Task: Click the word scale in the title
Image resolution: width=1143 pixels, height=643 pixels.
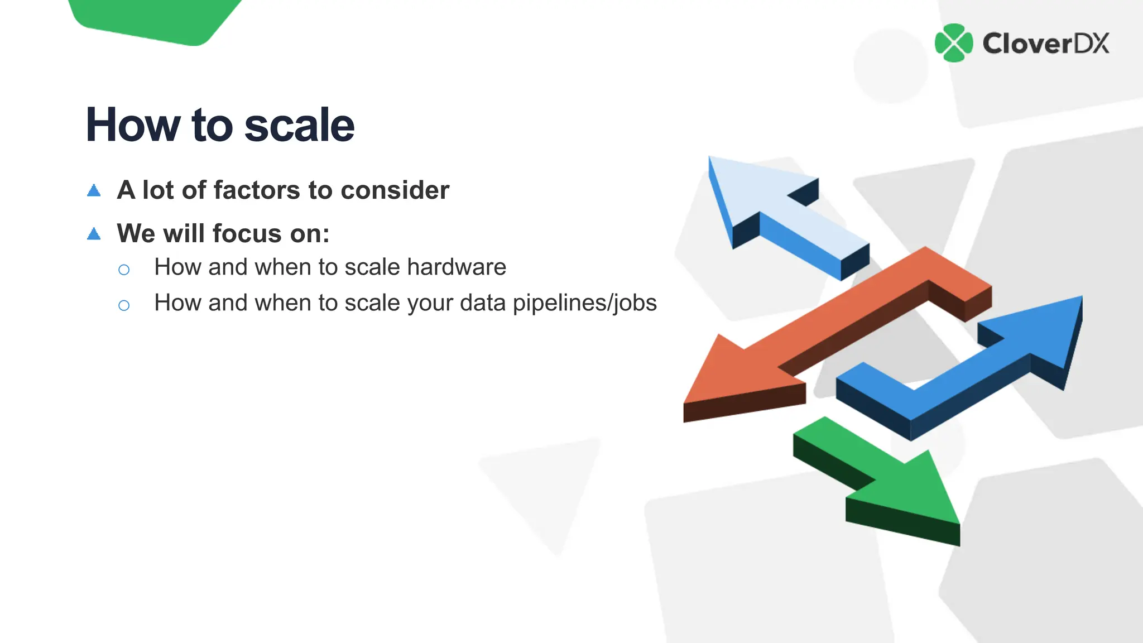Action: [x=299, y=125]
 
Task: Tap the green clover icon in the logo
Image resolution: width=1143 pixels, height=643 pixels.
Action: [x=954, y=43]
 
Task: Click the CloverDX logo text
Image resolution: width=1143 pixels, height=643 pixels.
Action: [x=1045, y=44]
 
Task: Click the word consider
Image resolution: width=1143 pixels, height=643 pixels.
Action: [x=395, y=190]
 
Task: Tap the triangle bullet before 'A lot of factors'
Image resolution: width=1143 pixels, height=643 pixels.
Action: [x=94, y=191]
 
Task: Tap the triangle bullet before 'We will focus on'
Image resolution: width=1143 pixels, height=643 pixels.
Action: [x=94, y=234]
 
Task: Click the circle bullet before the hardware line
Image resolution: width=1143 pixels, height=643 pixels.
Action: [x=124, y=270]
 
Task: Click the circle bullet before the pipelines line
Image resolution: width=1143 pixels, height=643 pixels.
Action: [x=124, y=305]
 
